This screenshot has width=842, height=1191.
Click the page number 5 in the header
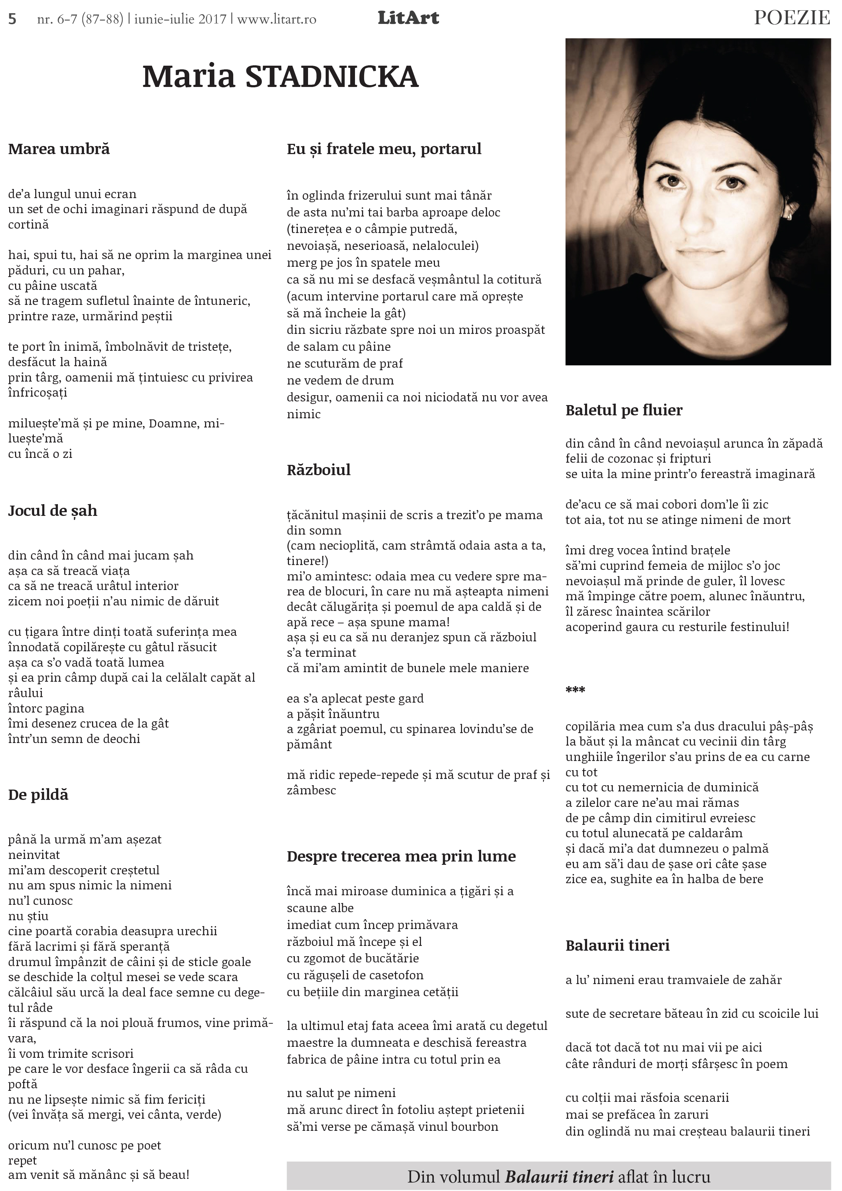pos(12,19)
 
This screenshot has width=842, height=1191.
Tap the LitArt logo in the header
pos(408,18)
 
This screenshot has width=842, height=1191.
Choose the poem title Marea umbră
pos(59,149)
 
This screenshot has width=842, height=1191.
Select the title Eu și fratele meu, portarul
pos(384,149)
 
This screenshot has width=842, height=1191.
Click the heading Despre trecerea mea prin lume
pos(401,856)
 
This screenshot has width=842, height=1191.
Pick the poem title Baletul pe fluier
pos(624,410)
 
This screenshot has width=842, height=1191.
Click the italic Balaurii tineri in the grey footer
pos(559,1176)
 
